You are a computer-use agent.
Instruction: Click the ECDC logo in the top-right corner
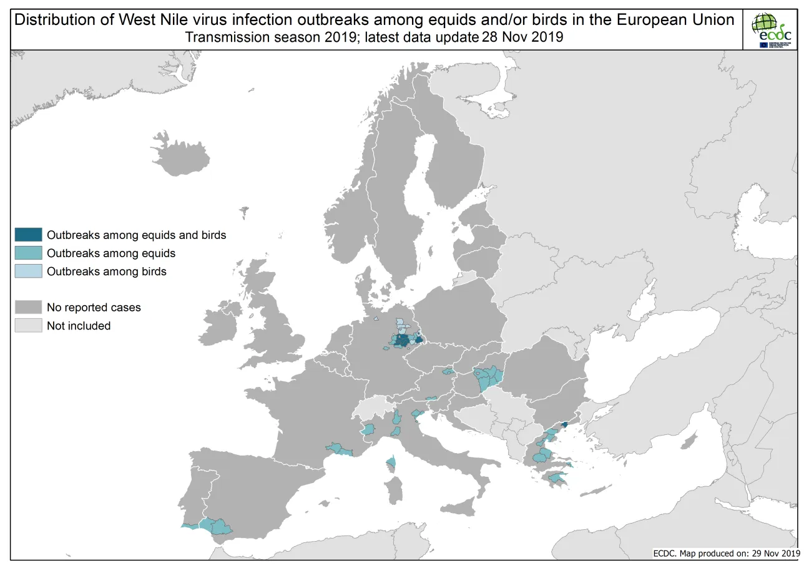772,29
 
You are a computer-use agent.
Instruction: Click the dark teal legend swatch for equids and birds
29,235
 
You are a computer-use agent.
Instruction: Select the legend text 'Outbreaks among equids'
111,253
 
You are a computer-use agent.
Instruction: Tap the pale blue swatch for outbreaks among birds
29,271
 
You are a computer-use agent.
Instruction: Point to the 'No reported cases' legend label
94,308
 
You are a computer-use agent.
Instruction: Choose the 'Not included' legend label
79,326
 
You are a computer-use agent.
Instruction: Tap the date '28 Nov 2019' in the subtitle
522,37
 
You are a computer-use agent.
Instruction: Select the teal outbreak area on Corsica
391,463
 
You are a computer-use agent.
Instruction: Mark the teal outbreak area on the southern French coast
337,448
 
